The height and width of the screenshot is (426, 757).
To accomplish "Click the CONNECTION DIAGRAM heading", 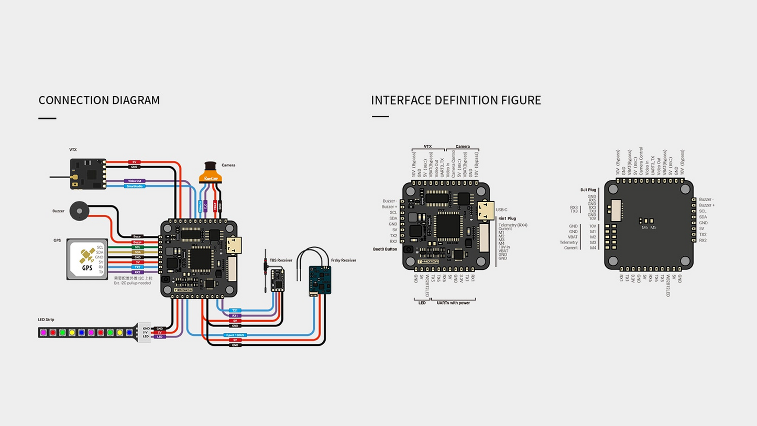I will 99,100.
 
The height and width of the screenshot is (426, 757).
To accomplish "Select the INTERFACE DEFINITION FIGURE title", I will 456,100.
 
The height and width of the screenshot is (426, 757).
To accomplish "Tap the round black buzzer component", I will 79,211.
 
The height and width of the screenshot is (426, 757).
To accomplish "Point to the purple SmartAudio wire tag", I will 135,186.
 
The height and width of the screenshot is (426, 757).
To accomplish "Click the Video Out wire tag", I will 135,181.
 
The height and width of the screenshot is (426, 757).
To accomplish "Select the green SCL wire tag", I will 138,247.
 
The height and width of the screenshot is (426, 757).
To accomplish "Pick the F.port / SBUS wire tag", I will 234,335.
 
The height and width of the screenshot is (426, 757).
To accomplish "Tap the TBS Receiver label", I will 281,260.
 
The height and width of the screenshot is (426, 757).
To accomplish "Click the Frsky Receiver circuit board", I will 320,281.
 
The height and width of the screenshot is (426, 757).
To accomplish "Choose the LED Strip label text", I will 46,320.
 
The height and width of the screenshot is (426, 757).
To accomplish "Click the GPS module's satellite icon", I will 87,256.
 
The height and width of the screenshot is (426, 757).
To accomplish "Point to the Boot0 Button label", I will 385,249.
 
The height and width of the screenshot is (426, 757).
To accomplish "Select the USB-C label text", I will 501,210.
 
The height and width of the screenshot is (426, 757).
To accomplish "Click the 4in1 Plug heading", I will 507,219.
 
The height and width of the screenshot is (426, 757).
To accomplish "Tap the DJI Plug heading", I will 588,190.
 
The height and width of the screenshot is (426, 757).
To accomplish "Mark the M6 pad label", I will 644,227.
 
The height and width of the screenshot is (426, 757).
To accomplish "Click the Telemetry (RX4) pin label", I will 513,225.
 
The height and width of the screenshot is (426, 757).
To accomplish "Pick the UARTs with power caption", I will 453,303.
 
